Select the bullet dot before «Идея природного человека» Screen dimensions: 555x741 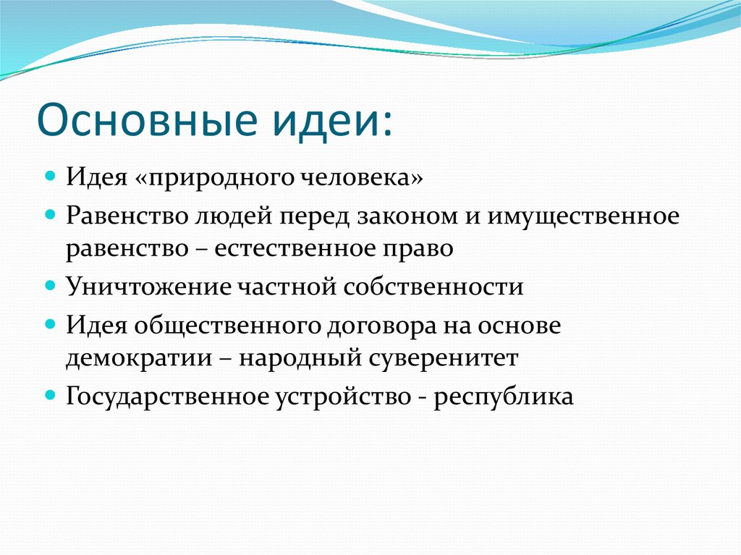click(x=50, y=177)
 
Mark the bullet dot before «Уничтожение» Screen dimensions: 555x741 click(x=50, y=284)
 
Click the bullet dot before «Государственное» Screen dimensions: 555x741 click(x=50, y=394)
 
